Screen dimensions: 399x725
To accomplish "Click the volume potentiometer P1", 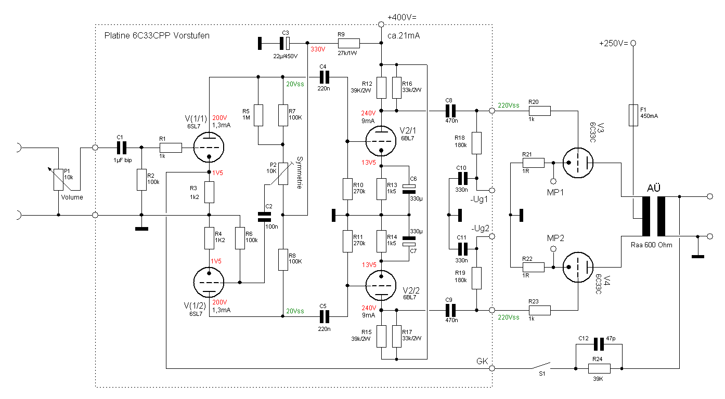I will [x=58, y=179].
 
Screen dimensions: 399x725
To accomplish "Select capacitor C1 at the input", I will [x=122, y=148].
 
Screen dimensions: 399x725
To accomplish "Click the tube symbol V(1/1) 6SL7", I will [x=209, y=148].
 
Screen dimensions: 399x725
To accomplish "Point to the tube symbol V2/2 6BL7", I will [x=382, y=286].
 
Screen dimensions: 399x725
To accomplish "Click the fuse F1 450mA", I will [x=633, y=115].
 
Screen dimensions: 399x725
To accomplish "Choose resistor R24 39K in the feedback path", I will [x=599, y=368].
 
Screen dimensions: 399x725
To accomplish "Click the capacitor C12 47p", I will [x=599, y=344].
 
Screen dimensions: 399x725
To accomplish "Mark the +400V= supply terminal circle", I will [x=381, y=24].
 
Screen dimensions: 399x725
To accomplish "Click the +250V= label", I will [x=613, y=44].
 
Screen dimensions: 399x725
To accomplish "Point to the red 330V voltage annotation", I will [x=318, y=50].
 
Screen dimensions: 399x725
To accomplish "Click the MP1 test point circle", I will [x=553, y=181].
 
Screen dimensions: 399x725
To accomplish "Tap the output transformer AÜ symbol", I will [x=653, y=216].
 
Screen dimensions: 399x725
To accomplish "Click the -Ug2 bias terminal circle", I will [x=491, y=236].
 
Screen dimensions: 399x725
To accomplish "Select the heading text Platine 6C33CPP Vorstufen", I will [x=157, y=36].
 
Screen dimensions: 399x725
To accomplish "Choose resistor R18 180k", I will [x=476, y=143].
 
